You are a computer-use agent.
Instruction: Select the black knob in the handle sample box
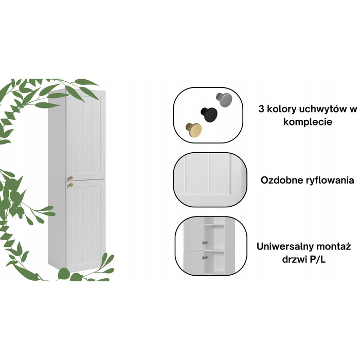pyautogui.click(x=209, y=114)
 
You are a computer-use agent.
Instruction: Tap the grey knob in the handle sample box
pyautogui.click(x=224, y=99)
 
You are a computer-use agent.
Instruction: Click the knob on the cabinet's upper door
pyautogui.click(x=70, y=178)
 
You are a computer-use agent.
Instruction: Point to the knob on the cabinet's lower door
pyautogui.click(x=70, y=185)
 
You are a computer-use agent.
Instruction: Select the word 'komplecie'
pyautogui.click(x=308, y=122)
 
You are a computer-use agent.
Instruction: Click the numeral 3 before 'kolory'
pyautogui.click(x=261, y=109)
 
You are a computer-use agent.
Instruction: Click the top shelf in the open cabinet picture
pyautogui.click(x=214, y=225)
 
